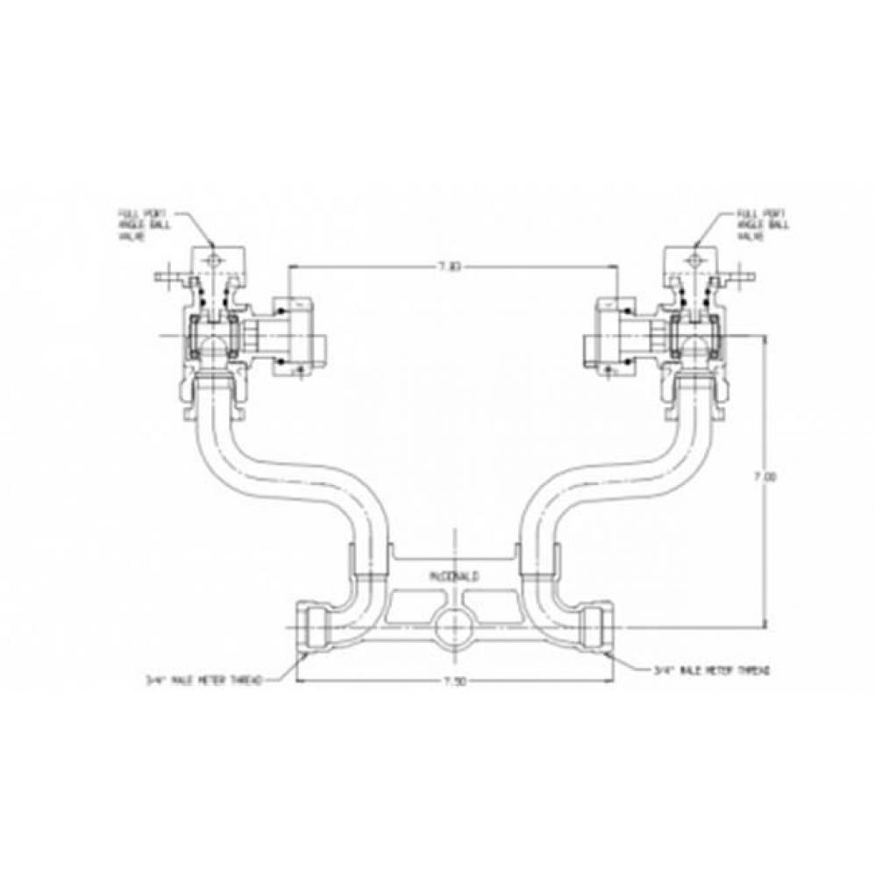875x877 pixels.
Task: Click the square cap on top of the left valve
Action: pos(210,260)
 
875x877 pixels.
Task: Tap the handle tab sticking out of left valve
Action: pos(164,280)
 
